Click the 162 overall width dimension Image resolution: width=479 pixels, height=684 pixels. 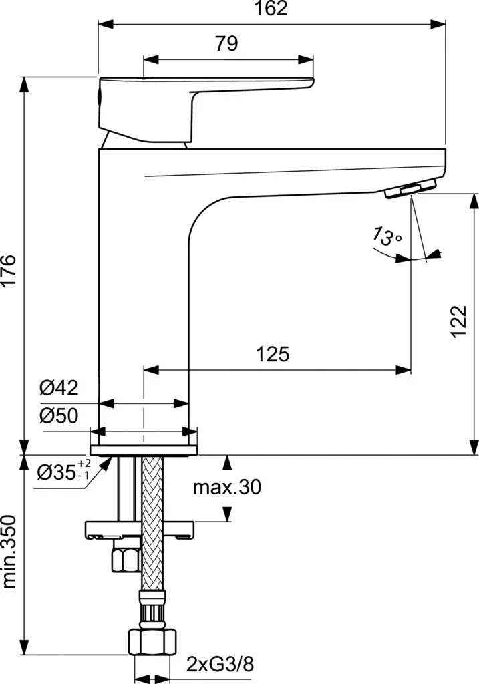click(271, 9)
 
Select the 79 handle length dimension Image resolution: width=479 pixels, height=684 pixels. click(227, 44)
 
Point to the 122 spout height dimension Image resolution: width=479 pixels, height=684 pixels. click(458, 322)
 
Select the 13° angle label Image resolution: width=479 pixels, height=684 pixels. click(387, 236)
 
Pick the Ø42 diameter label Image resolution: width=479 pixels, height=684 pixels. click(59, 387)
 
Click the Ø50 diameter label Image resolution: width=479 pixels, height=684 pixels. click(59, 416)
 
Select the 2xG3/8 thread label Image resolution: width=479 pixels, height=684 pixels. click(220, 665)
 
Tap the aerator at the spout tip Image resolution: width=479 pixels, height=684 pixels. click(409, 190)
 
